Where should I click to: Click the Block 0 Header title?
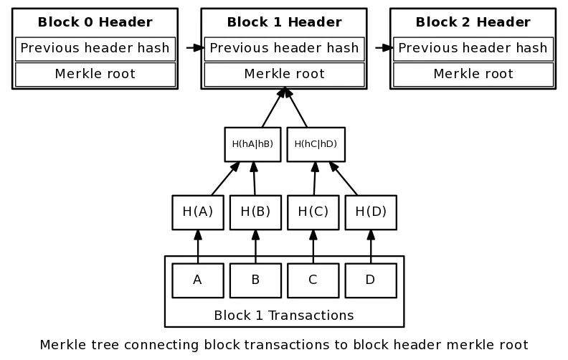pyautogui.click(x=95, y=22)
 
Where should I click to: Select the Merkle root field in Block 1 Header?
pyautogui.click(x=285, y=75)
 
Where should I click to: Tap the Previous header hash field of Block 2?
pyautogui.click(x=473, y=49)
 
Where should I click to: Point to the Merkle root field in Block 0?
pyautogui.click(x=95, y=75)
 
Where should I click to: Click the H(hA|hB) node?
pyautogui.click(x=252, y=144)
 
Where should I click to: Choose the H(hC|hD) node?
pyautogui.click(x=316, y=144)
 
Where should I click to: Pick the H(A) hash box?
pyautogui.click(x=198, y=212)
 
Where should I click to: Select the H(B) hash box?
pyautogui.click(x=255, y=212)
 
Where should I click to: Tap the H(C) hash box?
pyautogui.click(x=313, y=212)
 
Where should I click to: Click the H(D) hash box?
pyautogui.click(x=371, y=212)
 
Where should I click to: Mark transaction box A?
pyautogui.click(x=198, y=280)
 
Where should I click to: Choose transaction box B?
pyautogui.click(x=255, y=280)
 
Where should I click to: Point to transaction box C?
pyautogui.click(x=313, y=280)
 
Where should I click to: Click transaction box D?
pyautogui.click(x=371, y=280)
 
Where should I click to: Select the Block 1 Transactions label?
pyautogui.click(x=284, y=316)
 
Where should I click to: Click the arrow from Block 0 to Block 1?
pyautogui.click(x=195, y=48)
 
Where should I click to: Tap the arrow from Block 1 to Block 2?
pyautogui.click(x=384, y=48)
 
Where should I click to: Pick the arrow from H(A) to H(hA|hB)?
pyautogui.click(x=225, y=179)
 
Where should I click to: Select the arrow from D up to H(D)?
pyautogui.click(x=371, y=247)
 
